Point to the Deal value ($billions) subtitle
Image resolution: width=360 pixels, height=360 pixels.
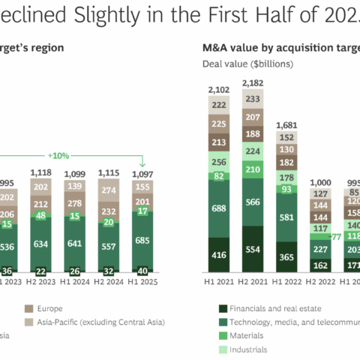(x=247, y=64)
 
